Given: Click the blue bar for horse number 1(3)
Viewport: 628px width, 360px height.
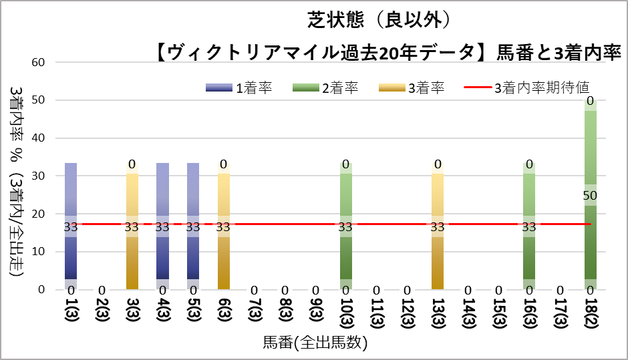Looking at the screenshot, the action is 71,226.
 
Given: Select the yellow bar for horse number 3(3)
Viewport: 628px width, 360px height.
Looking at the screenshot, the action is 132,226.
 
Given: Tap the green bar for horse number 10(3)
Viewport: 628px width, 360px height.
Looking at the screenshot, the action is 346,226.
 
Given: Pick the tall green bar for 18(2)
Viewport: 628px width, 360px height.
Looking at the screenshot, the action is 591,194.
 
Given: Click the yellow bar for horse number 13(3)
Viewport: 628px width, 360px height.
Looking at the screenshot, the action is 438,226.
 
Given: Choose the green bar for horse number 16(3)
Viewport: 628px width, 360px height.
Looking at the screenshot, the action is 530,226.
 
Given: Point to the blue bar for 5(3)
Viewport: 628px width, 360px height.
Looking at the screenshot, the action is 193,226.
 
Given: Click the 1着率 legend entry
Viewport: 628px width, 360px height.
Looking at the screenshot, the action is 239,87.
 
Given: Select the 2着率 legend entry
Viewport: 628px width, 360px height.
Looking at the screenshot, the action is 325,87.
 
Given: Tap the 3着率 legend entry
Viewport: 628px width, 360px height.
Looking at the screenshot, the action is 412,87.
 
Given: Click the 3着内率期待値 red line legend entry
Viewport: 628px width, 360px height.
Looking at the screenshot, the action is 527,87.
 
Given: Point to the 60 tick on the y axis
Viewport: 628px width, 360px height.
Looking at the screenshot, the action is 38,63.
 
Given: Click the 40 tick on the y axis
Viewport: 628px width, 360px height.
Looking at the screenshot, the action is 38,138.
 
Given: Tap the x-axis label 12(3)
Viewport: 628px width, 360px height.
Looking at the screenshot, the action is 408,313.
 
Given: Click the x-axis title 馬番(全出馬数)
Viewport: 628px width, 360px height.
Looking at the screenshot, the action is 315,343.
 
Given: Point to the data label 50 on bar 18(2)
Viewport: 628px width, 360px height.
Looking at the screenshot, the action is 590,196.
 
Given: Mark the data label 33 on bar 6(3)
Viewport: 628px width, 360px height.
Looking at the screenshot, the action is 223,227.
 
